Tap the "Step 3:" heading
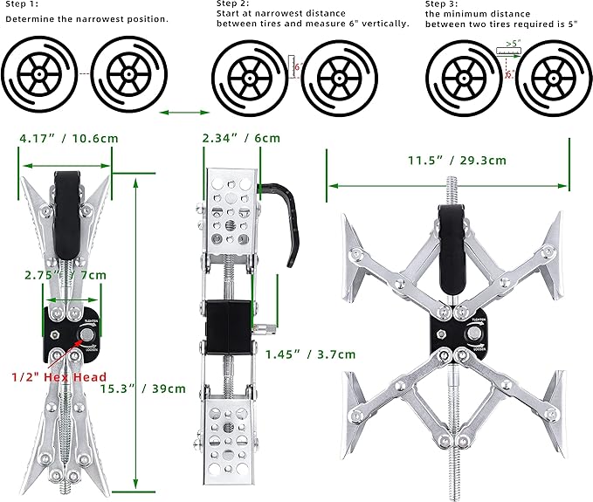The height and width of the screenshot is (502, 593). pos(442,4)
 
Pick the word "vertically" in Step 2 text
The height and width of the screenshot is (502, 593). pos(385,23)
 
